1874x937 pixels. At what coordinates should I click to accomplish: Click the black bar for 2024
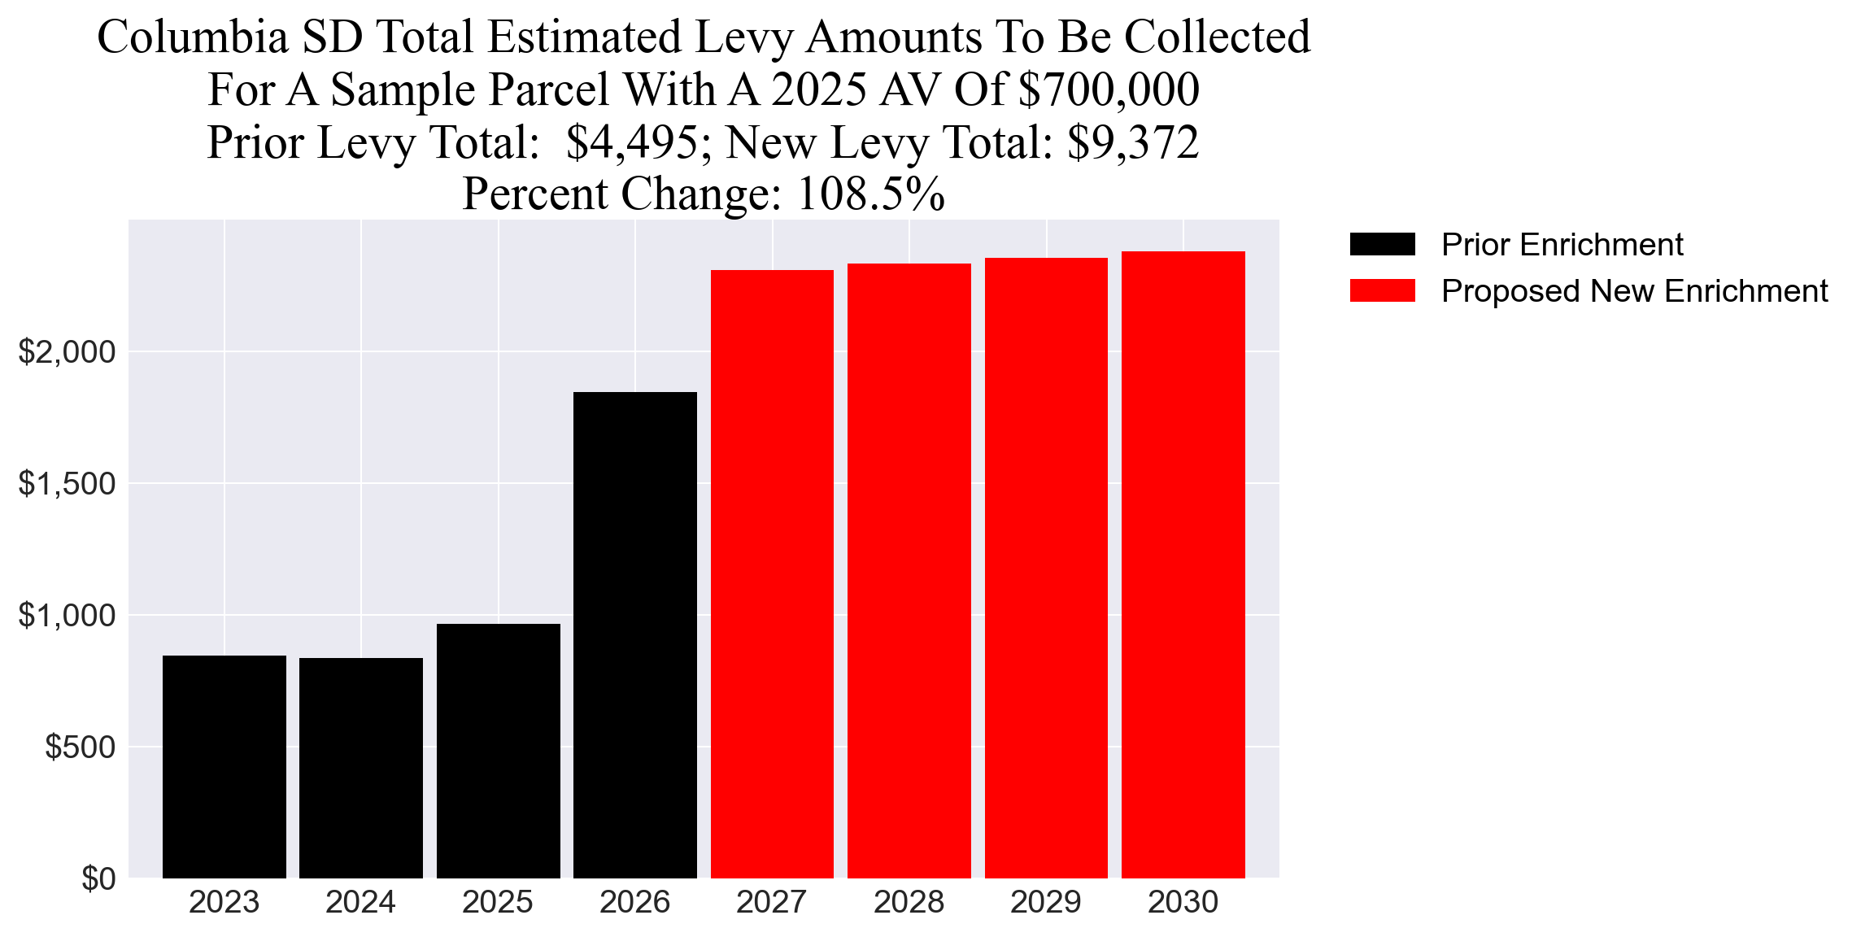(361, 768)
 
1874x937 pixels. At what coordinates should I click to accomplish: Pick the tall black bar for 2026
(634, 634)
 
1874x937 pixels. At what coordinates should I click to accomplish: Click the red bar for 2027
(772, 573)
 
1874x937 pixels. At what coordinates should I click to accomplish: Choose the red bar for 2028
(909, 570)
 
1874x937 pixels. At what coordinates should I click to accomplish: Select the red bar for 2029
(1046, 568)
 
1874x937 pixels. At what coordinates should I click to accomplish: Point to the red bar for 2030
(1183, 564)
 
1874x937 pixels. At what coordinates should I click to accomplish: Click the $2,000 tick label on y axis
(67, 352)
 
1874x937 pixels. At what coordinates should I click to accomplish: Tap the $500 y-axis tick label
(80, 747)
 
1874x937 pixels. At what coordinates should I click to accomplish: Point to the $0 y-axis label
(98, 878)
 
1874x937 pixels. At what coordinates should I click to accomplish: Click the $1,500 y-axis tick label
(67, 484)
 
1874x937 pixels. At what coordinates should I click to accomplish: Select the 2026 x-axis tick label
(634, 902)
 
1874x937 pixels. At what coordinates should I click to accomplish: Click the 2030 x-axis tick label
(1183, 902)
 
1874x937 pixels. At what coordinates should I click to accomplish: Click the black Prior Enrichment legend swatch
(1382, 244)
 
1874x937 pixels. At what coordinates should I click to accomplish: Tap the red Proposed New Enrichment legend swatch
(1382, 291)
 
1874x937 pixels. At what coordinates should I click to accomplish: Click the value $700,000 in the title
(1109, 89)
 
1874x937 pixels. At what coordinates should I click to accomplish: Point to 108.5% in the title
(870, 194)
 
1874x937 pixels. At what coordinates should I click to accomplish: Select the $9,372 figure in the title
(1133, 142)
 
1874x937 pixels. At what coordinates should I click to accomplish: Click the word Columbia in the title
(193, 37)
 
